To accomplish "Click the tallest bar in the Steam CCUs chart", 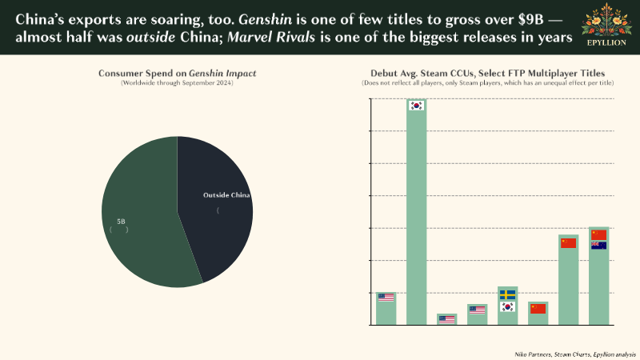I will pos(416,216).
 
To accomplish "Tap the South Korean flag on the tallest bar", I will pos(416,106).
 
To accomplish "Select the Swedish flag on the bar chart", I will pos(507,294).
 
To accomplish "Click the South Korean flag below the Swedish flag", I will pos(507,306).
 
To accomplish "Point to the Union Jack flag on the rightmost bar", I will pos(598,246).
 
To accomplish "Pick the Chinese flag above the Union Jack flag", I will pos(598,234).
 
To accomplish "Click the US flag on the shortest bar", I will pos(446,319).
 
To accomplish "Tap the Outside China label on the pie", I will pos(226,195).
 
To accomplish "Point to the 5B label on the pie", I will pos(121,221).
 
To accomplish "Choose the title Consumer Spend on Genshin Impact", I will pos(177,73).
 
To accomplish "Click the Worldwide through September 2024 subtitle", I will pos(177,83).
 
